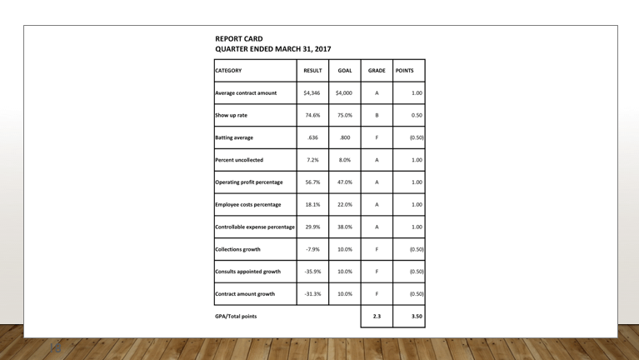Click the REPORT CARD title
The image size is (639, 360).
pyautogui.click(x=239, y=38)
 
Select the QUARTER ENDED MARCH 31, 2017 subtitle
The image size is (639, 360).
pyautogui.click(x=272, y=49)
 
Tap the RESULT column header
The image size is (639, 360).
pyautogui.click(x=312, y=71)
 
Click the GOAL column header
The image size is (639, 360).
pyautogui.click(x=344, y=71)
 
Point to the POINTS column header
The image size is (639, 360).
pyautogui.click(x=405, y=71)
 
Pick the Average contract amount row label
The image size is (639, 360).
pyautogui.click(x=246, y=93)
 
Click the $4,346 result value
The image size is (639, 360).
pyautogui.click(x=312, y=93)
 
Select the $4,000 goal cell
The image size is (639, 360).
pyautogui.click(x=344, y=93)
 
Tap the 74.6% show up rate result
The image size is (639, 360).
pyautogui.click(x=312, y=116)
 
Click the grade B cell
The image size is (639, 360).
pyautogui.click(x=377, y=116)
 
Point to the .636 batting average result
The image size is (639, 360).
pyautogui.click(x=312, y=137)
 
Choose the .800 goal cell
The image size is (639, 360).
pyautogui.click(x=344, y=137)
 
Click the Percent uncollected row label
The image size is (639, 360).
pyautogui.click(x=239, y=160)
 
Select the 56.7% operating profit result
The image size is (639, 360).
pyautogui.click(x=312, y=182)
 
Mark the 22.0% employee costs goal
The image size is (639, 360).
pyautogui.click(x=344, y=204)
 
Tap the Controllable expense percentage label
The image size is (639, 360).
pyautogui.click(x=254, y=227)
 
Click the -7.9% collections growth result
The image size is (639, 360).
pyautogui.click(x=312, y=249)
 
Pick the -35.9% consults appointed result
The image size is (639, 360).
pyautogui.click(x=312, y=272)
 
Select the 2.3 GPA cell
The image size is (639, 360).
pyautogui.click(x=377, y=317)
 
